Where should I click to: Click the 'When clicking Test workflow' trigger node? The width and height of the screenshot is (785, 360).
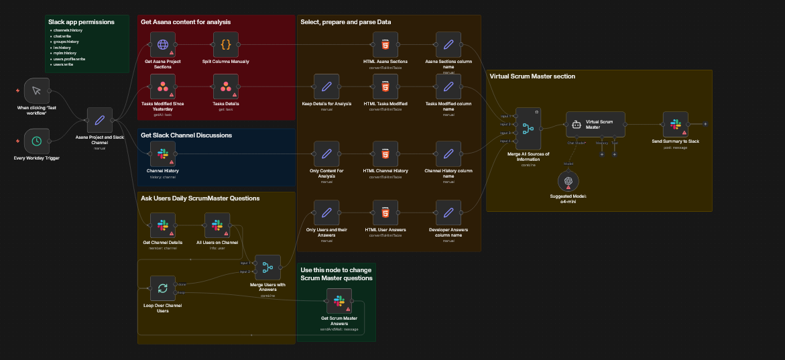coord(37,91)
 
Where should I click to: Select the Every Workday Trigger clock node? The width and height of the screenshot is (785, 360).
coord(37,141)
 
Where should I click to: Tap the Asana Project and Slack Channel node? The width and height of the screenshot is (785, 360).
coord(99,121)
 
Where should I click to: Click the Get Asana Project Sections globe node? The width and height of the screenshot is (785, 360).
coord(162,45)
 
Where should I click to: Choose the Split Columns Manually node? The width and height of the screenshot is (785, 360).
coord(225,45)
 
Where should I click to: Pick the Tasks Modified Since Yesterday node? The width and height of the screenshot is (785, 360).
coord(162,86)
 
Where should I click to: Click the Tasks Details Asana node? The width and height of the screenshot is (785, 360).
coord(225,86)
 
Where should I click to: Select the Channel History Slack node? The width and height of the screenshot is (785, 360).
coord(162,154)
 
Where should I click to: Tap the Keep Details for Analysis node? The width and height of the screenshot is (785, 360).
coord(326,86)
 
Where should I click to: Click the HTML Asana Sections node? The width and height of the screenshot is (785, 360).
coord(385,45)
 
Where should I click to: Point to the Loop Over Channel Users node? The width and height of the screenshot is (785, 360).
coord(162,289)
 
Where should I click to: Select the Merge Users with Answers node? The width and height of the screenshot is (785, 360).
coord(267,268)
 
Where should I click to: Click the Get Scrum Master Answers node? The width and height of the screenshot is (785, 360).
coord(339,301)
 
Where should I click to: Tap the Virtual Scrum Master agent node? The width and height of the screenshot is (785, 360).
coord(595,124)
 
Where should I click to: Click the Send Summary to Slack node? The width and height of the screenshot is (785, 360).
coord(675,124)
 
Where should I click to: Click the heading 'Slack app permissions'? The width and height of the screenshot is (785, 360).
coord(81,22)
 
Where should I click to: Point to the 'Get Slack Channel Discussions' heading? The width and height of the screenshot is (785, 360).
coord(186,135)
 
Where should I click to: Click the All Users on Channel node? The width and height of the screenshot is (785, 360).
coord(217,226)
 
